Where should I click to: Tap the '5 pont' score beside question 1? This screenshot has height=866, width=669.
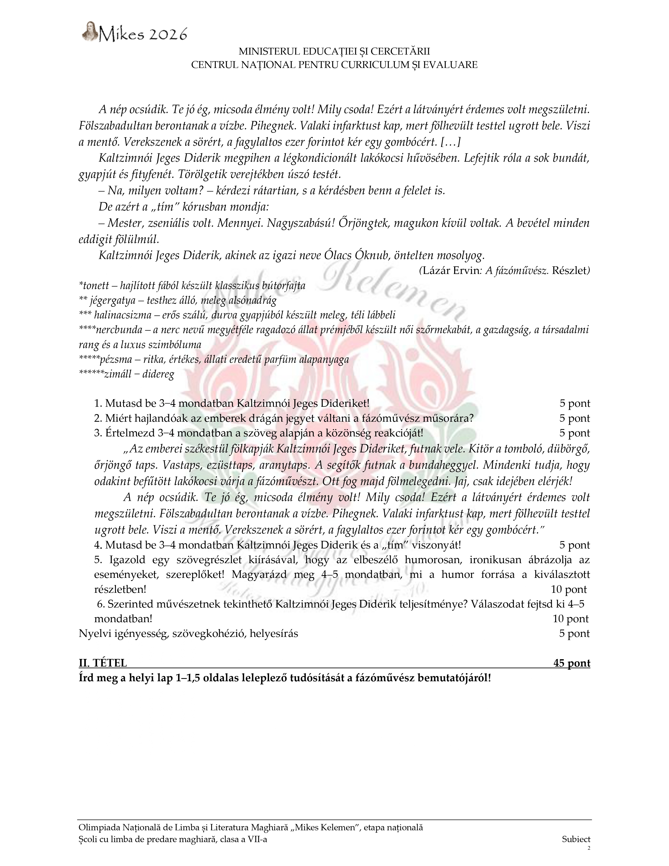pyautogui.click(x=575, y=404)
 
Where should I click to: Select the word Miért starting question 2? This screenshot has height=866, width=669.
pyautogui.click(x=118, y=418)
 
